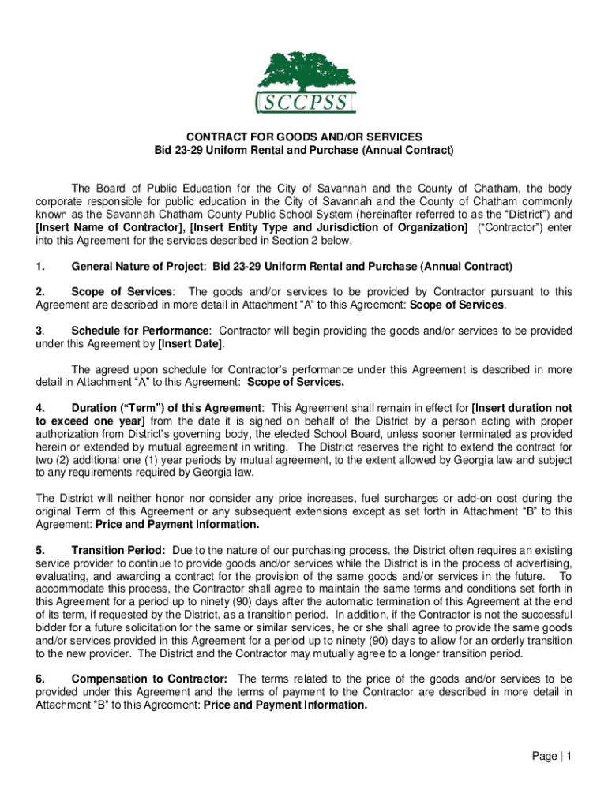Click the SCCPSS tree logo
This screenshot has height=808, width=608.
304,82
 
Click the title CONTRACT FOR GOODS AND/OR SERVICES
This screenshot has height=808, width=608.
304,137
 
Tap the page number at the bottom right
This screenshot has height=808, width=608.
551,757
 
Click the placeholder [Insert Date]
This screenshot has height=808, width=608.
190,344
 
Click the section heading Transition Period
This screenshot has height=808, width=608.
118,549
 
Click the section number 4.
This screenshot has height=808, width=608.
39,408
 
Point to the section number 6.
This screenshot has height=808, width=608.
39,679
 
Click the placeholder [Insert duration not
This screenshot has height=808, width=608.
521,408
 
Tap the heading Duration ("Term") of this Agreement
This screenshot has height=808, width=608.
166,408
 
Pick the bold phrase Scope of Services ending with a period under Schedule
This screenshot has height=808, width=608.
295,383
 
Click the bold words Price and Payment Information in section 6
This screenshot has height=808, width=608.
285,705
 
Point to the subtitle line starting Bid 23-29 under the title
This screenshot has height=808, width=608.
304,150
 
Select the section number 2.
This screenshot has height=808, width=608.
39,292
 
